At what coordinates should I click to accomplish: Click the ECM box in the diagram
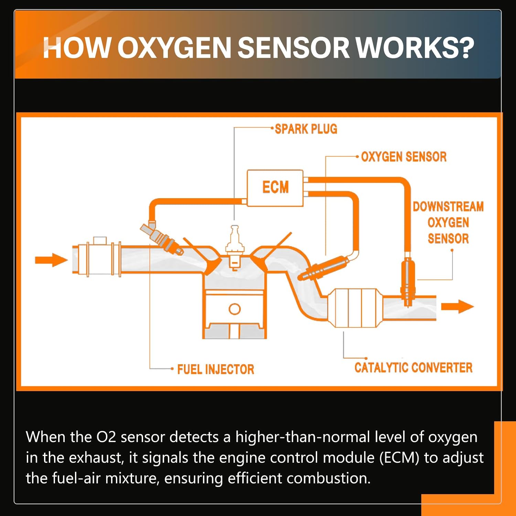pyautogui.click(x=275, y=188)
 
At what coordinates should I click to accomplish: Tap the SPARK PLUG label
pyautogui.click(x=306, y=129)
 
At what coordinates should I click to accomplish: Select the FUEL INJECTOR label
pyautogui.click(x=216, y=369)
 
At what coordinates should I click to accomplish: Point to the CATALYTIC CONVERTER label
pyautogui.click(x=413, y=367)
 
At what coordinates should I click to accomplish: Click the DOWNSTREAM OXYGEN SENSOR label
pyautogui.click(x=448, y=223)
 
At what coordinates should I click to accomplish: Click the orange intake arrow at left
pyautogui.click(x=51, y=260)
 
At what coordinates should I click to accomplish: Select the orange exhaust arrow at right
pyautogui.click(x=458, y=306)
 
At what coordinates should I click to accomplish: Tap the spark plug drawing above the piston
pyautogui.click(x=235, y=247)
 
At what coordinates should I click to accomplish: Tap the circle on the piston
pyautogui.click(x=235, y=309)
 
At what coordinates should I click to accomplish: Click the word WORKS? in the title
pyautogui.click(x=415, y=47)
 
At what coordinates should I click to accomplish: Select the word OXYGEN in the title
pyautogui.click(x=174, y=47)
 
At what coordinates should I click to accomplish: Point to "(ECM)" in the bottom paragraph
pyautogui.click(x=399, y=458)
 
